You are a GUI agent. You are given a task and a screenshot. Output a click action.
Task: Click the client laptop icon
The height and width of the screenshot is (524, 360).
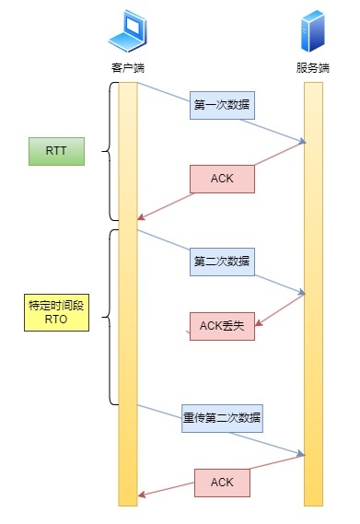click(127, 36)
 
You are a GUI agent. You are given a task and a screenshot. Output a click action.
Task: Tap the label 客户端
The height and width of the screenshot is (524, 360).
click(127, 68)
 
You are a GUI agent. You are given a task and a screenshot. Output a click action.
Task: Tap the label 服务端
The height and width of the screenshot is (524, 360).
click(313, 68)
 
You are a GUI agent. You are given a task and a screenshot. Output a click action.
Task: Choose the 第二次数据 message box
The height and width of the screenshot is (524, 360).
click(222, 261)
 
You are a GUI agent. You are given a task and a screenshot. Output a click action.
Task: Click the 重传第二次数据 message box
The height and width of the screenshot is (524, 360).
click(222, 418)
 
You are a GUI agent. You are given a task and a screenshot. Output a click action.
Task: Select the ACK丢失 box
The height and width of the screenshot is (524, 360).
click(222, 326)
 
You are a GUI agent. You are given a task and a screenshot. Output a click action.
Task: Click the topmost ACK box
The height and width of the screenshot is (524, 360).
click(222, 179)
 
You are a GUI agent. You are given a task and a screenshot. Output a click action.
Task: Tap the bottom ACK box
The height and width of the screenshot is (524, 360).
click(222, 482)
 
